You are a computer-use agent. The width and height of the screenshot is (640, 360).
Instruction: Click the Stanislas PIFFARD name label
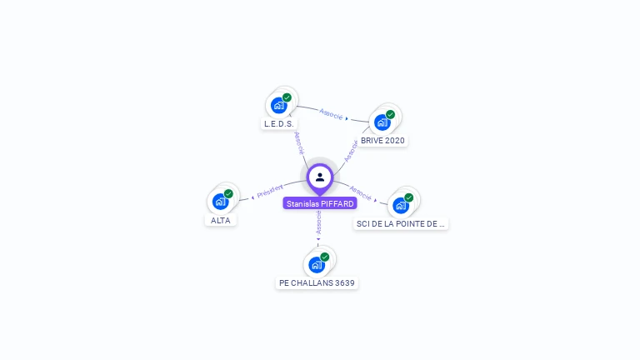(320, 203)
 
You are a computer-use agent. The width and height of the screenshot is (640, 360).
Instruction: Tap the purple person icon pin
(320, 177)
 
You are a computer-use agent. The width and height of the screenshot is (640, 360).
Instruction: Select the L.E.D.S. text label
(278, 124)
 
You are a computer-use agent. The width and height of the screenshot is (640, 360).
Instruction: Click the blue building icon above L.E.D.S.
(279, 106)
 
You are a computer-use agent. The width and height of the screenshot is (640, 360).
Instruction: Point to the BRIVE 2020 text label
(382, 141)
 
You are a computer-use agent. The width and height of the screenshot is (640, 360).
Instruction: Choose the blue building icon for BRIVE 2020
(382, 122)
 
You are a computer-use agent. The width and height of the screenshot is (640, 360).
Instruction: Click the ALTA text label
(221, 220)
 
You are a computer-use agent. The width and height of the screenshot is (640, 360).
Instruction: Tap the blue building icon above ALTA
(221, 201)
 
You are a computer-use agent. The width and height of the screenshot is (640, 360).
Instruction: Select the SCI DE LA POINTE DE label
(401, 223)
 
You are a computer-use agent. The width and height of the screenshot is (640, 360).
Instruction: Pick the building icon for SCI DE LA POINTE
(401, 205)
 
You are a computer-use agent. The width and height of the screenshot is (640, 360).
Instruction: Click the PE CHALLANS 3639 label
(317, 283)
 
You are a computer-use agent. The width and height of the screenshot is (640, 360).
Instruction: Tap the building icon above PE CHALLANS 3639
(317, 265)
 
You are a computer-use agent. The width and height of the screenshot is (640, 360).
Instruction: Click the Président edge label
(270, 191)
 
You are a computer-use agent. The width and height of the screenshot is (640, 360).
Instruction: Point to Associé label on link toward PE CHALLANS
(318, 222)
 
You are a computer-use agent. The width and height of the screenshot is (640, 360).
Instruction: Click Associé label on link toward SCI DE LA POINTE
(360, 192)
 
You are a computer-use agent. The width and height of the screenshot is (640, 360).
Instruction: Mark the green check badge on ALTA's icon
(228, 193)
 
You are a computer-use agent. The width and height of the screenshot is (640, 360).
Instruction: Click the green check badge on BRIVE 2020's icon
(390, 115)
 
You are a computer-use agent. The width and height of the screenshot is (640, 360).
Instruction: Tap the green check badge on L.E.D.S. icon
(287, 97)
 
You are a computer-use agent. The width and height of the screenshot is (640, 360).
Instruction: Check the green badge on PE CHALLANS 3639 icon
(324, 257)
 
